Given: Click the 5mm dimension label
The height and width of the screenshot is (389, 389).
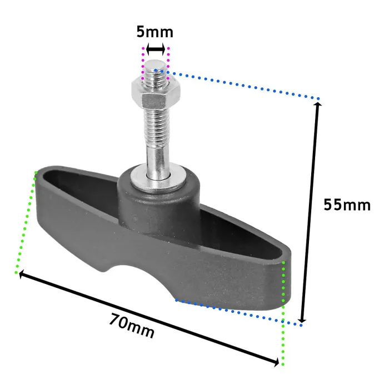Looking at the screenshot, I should (x=154, y=32).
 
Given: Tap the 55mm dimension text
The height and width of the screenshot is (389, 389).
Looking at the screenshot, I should (x=347, y=205).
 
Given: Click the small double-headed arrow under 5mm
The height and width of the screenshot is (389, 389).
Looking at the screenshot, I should (x=156, y=49).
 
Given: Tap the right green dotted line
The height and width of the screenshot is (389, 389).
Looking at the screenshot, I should (x=284, y=311).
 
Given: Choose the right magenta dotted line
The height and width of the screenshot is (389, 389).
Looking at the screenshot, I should (x=169, y=62).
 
